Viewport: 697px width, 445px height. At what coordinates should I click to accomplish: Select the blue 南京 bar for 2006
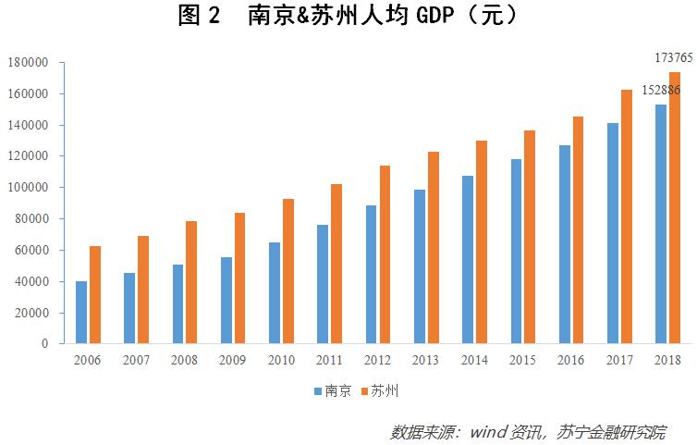pos(81,313)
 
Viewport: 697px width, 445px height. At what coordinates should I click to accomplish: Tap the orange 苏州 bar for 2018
pos(675,208)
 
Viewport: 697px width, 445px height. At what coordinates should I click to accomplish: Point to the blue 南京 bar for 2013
pos(419,266)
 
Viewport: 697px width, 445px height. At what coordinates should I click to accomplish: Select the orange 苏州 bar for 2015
pos(530,237)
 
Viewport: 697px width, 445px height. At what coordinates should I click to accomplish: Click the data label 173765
pos(674,57)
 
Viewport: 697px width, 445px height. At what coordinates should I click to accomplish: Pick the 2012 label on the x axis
pos(378,360)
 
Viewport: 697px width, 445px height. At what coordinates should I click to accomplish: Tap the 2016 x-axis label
pos(570,360)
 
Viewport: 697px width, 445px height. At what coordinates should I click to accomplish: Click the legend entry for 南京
pos(332,391)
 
